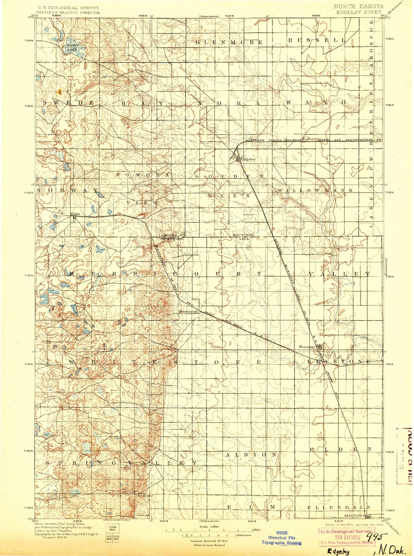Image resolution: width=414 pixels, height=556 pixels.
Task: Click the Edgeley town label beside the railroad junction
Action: (x=248, y=159)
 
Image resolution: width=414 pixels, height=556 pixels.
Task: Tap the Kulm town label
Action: (x=75, y=214)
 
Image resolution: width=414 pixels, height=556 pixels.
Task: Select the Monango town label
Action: (x=307, y=347)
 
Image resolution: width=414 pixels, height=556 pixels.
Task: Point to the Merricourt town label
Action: (x=189, y=311)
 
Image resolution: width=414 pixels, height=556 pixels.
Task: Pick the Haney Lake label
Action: (x=72, y=48)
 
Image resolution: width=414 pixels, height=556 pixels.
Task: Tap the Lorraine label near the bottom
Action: (x=145, y=495)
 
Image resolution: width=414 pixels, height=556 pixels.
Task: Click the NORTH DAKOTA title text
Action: (x=359, y=6)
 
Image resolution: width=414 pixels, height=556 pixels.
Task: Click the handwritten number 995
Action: (x=376, y=536)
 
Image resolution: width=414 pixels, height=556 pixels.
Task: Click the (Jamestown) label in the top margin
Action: (x=209, y=16)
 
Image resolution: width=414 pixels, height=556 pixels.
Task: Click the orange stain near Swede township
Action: (x=59, y=92)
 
